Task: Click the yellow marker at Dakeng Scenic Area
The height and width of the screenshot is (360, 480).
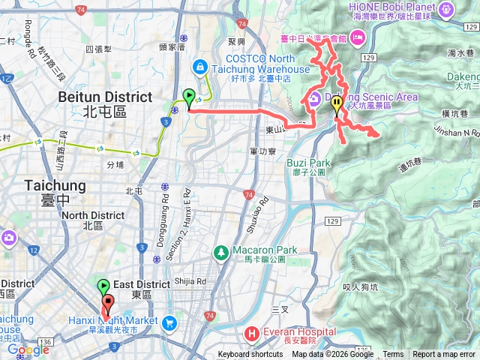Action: tap(337, 105)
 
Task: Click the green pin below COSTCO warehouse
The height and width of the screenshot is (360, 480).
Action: tap(188, 97)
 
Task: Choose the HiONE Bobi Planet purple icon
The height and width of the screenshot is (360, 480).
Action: tap(448, 10)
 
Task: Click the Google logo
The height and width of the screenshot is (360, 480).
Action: tap(28, 350)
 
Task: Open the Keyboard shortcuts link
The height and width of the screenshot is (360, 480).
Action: tap(250, 355)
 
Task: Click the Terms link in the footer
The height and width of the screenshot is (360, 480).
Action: tap(393, 355)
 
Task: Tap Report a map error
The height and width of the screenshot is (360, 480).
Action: tap(444, 355)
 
